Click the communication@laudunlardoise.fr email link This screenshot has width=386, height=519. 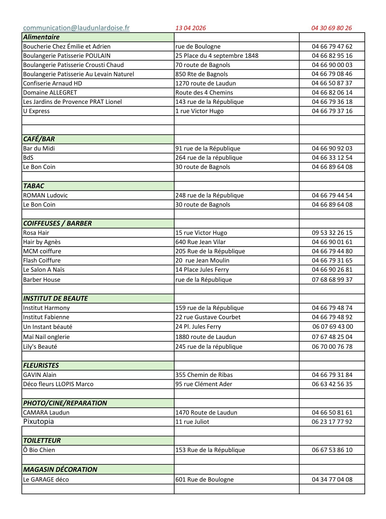76,28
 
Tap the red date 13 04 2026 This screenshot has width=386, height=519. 191,28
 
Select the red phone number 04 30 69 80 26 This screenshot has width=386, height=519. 332,28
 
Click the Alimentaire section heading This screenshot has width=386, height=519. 41,37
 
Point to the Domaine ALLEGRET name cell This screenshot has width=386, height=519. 50,92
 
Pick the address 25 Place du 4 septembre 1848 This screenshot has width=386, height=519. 217,56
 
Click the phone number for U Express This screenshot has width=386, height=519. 332,111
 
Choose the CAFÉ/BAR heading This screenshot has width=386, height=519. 39,139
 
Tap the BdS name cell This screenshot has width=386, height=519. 28,158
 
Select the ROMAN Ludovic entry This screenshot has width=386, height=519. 45,195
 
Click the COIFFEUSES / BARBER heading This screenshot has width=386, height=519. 57,223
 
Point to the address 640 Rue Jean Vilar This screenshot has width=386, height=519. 200,242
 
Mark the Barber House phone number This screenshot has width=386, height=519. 332,280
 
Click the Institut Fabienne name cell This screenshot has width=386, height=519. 46,317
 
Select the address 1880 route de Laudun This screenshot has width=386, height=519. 205,337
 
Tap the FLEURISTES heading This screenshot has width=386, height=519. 41,366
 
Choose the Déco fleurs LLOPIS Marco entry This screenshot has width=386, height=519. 58,384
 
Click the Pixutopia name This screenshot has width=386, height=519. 38,421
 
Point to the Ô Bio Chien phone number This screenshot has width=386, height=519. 332,450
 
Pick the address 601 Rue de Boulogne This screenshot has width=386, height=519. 204,479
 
